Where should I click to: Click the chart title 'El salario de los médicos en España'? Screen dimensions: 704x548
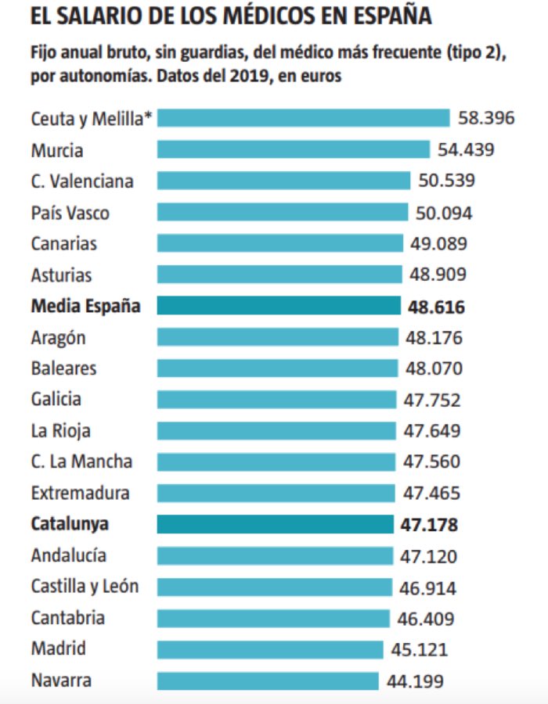(230, 16)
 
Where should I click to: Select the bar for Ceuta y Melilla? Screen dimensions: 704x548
(303, 118)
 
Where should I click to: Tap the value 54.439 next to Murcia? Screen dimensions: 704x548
(466, 149)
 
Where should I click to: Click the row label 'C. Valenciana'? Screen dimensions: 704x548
(82, 181)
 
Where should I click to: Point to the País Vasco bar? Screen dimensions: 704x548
(283, 212)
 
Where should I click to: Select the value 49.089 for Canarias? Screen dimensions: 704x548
(438, 243)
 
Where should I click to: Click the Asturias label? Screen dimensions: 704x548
(61, 275)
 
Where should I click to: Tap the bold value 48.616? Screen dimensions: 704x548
(436, 307)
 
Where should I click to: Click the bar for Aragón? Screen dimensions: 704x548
(277, 337)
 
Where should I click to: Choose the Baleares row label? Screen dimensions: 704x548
(64, 368)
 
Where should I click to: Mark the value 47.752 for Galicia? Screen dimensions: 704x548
(431, 400)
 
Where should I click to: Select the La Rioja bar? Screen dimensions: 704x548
(276, 431)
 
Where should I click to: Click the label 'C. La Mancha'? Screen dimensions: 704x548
(81, 462)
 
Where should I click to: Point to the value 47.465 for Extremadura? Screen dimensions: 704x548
(430, 494)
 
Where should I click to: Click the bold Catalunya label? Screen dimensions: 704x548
(70, 524)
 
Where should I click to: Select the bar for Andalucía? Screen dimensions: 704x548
(275, 556)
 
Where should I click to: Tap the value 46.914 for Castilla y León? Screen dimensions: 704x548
(427, 588)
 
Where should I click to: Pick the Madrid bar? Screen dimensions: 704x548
(270, 649)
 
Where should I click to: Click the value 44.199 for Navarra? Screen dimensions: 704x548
(415, 681)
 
